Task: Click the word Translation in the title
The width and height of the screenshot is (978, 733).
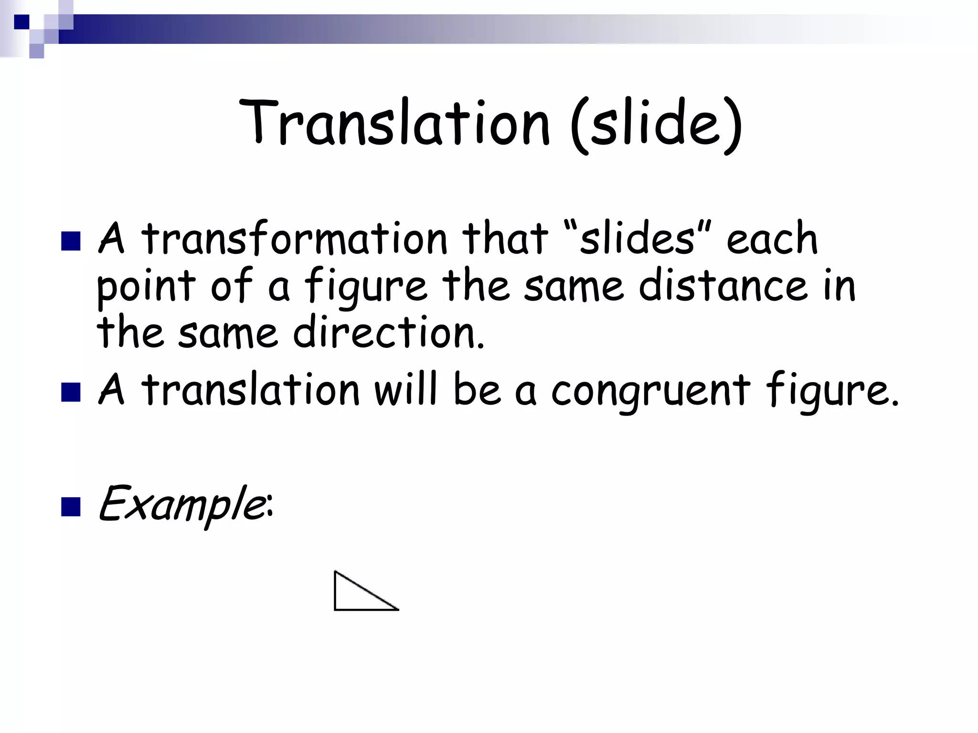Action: (394, 123)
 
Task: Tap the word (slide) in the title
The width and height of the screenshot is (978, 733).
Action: (656, 125)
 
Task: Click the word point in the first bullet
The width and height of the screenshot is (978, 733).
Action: (146, 287)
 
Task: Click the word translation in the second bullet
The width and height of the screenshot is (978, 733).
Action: (251, 391)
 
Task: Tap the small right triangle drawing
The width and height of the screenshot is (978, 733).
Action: (358, 595)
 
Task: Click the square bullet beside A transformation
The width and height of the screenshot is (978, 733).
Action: (71, 241)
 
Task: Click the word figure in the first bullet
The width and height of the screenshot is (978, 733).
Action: (365, 287)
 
